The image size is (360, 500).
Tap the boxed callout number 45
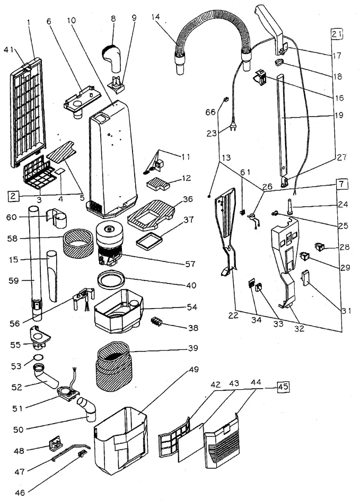[x=283, y=387]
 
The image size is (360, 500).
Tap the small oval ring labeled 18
[x=280, y=62]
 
